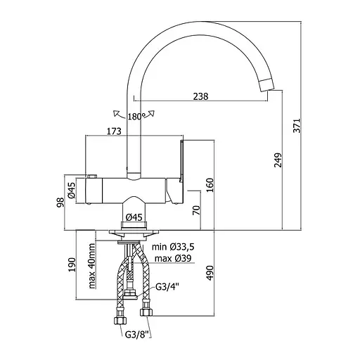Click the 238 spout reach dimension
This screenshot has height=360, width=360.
pyautogui.click(x=200, y=96)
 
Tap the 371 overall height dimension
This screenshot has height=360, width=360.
pyautogui.click(x=297, y=126)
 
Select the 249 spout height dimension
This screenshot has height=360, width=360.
pyautogui.click(x=278, y=160)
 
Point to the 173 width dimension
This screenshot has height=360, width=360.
pyautogui.click(x=114, y=131)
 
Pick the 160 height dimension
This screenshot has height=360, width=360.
pyautogui.click(x=210, y=185)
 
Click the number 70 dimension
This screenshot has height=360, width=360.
pyautogui.click(x=196, y=210)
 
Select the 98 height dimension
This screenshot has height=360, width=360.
pyautogui.click(x=60, y=202)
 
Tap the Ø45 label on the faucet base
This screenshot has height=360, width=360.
pyautogui.click(x=134, y=217)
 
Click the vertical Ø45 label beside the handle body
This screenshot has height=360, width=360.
pyautogui.click(x=72, y=190)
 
